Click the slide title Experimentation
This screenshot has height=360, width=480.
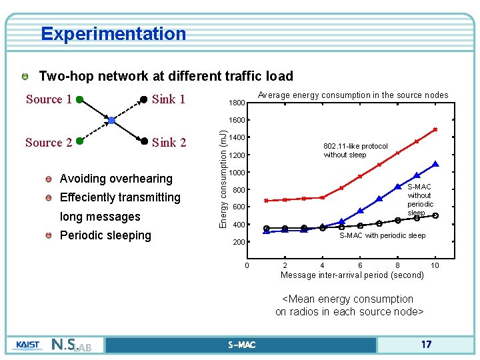113,33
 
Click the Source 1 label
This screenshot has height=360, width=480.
49,100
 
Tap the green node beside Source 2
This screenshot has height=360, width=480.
79,141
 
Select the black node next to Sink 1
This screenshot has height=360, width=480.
143,100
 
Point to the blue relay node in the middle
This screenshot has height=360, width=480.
111,121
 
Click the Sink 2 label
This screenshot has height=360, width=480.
169,142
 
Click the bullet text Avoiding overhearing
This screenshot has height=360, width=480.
116,179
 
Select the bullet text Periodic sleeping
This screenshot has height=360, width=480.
105,235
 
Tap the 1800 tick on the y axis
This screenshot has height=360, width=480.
237,103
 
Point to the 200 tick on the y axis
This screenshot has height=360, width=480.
239,243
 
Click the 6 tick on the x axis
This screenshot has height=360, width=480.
360,266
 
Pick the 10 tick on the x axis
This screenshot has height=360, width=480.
435,266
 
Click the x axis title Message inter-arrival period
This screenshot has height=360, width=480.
352,275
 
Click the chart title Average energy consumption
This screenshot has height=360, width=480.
353,95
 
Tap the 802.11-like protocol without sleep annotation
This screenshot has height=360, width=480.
355,151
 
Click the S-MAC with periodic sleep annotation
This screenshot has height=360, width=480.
382,235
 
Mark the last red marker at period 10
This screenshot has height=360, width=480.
435,129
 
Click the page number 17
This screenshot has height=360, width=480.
426,345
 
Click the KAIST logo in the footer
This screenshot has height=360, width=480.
27,345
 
